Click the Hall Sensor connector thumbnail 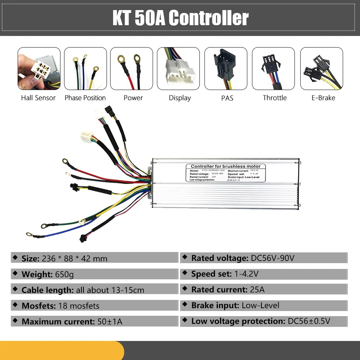(x=39, y=68)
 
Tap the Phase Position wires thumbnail (x=85, y=68)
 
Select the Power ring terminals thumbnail (x=131, y=68)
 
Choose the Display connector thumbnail (x=178, y=68)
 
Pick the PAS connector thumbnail (x=226, y=68)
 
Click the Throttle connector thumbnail (x=273, y=68)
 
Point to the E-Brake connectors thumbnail (x=321, y=68)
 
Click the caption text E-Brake (x=323, y=98)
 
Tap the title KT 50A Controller (x=180, y=18)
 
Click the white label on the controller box (x=225, y=173)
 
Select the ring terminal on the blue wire (x=29, y=234)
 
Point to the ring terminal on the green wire (x=45, y=226)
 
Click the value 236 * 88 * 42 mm (x=75, y=258)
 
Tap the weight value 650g (x=64, y=274)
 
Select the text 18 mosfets (x=80, y=306)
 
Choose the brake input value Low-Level (x=260, y=306)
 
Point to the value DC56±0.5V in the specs (x=309, y=321)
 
